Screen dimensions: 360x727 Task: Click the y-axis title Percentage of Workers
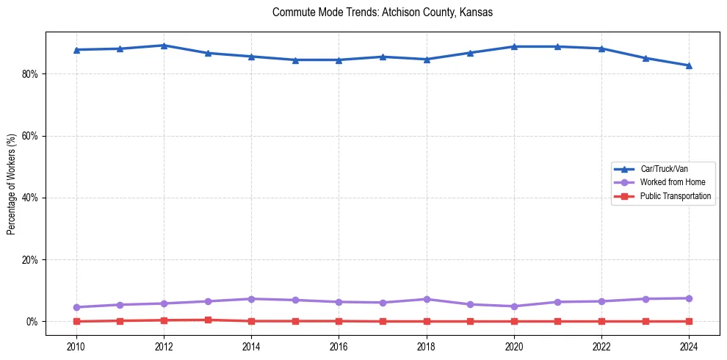12,184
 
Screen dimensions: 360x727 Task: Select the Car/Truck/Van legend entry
663,169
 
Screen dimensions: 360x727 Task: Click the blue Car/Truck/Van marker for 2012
164,46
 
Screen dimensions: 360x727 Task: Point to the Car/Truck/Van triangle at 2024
689,65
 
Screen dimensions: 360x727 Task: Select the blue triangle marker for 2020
514,46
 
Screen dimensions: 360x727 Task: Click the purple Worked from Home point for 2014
251,299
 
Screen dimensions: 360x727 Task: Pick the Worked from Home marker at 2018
427,299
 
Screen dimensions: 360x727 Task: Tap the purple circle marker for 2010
76,307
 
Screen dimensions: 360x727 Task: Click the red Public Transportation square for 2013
208,320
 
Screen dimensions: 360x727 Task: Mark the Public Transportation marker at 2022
601,321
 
